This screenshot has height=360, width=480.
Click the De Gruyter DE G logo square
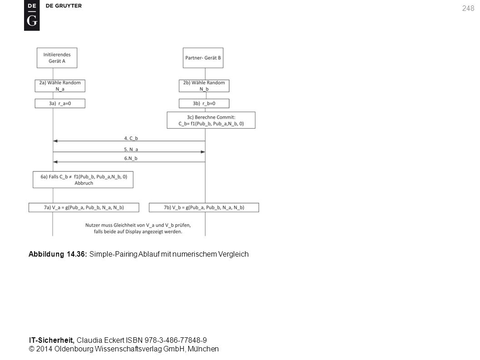click(x=32, y=15)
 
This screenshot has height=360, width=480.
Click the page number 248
click(x=468, y=8)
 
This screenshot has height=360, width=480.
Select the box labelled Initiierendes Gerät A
click(x=57, y=58)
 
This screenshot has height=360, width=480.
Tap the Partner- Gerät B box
click(x=203, y=58)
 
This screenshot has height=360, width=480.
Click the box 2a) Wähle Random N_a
click(x=60, y=86)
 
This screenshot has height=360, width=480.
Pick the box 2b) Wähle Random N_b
click(x=204, y=86)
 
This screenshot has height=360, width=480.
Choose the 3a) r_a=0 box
click(x=60, y=103)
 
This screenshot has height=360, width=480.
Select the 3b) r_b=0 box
click(x=204, y=103)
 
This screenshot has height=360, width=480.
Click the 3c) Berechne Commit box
click(x=211, y=120)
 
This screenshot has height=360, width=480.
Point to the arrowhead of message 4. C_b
click(x=55, y=141)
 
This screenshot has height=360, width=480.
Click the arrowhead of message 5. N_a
click(x=203, y=152)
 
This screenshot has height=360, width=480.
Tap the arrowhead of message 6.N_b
click(x=55, y=162)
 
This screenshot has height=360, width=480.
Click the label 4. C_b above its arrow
click(x=131, y=138)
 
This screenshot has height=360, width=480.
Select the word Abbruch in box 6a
click(x=84, y=183)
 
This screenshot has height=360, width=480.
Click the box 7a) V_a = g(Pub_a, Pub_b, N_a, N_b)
click(x=84, y=207)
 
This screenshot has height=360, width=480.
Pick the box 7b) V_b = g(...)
click(x=204, y=207)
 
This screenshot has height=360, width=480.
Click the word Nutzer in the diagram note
click(x=93, y=225)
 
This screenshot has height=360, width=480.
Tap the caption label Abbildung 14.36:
click(x=58, y=254)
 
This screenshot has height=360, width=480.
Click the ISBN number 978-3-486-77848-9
click(x=176, y=340)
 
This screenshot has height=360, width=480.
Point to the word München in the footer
click(x=203, y=349)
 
